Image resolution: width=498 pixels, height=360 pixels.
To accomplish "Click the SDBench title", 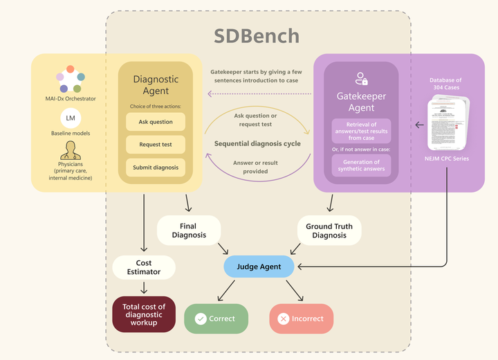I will (x=257, y=36).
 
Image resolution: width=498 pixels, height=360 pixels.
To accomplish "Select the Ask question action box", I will (x=156, y=122).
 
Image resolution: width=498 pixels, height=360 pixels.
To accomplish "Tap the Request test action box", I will (x=156, y=145).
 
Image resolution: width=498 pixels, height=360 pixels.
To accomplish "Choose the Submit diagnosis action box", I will (x=156, y=168).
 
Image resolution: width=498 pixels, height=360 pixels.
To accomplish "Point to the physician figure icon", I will (x=70, y=150).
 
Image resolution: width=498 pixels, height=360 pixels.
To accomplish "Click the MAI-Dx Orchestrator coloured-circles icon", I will (x=70, y=79).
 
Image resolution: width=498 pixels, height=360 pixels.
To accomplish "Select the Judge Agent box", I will (x=258, y=266).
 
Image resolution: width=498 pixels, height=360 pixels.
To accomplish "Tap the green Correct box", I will (x=215, y=319).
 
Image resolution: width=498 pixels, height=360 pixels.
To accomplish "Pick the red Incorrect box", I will (x=301, y=319).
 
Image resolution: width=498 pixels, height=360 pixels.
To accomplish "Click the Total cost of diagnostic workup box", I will (x=144, y=315).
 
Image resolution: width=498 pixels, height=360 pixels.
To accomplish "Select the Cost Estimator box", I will (x=144, y=267).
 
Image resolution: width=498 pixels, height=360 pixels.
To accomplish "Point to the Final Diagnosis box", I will (x=189, y=231).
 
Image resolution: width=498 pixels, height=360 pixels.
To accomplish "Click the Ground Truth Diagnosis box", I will (x=329, y=231).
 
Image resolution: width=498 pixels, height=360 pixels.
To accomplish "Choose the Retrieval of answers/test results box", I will (x=361, y=129).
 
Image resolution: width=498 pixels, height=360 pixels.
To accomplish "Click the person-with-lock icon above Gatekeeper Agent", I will (x=360, y=78).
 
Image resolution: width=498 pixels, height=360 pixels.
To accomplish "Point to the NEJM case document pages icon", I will (x=448, y=123).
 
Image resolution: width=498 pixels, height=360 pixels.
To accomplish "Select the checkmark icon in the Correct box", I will (x=201, y=319).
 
